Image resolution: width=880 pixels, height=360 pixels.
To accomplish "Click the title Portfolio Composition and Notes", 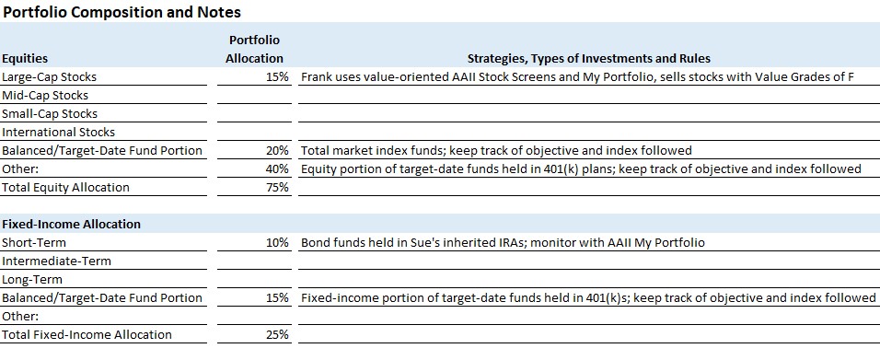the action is [x=122, y=12].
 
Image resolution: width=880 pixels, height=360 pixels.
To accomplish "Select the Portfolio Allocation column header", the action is [x=254, y=49].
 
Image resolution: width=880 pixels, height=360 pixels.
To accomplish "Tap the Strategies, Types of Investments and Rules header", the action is [x=589, y=58].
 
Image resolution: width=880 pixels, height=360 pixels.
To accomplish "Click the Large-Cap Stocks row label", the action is [x=50, y=77].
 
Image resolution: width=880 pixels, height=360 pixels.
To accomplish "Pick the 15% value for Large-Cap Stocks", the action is [x=277, y=77].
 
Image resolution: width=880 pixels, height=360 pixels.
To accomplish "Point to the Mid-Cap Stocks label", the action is [x=45, y=96].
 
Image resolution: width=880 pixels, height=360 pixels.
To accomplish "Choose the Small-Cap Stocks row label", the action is [x=50, y=114].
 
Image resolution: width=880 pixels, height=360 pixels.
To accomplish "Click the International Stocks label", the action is [x=58, y=133].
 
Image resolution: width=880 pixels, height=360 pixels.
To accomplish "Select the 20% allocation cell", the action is [x=277, y=150].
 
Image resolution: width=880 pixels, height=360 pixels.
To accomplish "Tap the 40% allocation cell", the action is [x=277, y=169].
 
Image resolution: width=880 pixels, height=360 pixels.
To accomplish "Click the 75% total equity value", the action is [x=277, y=188].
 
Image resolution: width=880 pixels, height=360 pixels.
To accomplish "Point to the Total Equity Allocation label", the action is [x=65, y=188].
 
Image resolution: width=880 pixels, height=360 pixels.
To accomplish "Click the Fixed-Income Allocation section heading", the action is [x=71, y=224].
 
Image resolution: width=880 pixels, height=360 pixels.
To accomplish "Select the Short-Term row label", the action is [x=34, y=243].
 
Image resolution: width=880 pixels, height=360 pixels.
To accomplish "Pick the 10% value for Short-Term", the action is [x=277, y=243].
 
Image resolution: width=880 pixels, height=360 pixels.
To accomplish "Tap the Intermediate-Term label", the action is [x=57, y=261].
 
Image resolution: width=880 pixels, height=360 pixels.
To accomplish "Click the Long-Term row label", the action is [x=32, y=280].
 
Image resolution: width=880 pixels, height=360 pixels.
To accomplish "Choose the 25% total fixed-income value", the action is [x=277, y=335].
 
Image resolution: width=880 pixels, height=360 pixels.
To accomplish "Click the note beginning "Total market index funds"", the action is [x=497, y=150].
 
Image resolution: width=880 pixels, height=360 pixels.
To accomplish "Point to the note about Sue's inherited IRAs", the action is [x=503, y=243].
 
